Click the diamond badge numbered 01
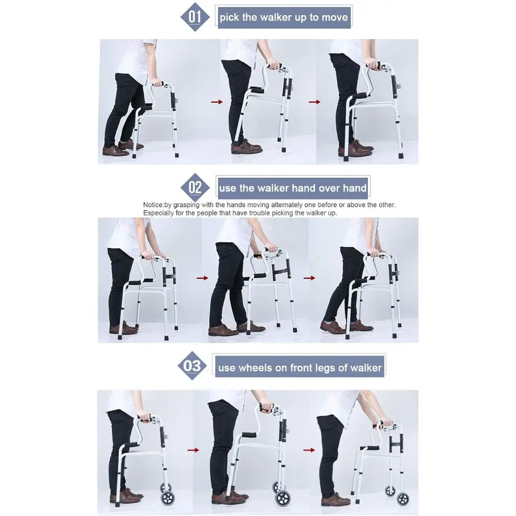[195, 17]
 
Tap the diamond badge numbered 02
[195, 187]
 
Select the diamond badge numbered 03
[192, 366]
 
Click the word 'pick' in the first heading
[229, 18]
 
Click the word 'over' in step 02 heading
[325, 188]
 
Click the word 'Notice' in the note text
[153, 205]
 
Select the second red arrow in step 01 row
[314, 102]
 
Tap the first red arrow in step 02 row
[203, 278]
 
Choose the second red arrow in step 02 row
[310, 278]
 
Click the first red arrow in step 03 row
[193, 450]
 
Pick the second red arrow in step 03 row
[309, 450]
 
